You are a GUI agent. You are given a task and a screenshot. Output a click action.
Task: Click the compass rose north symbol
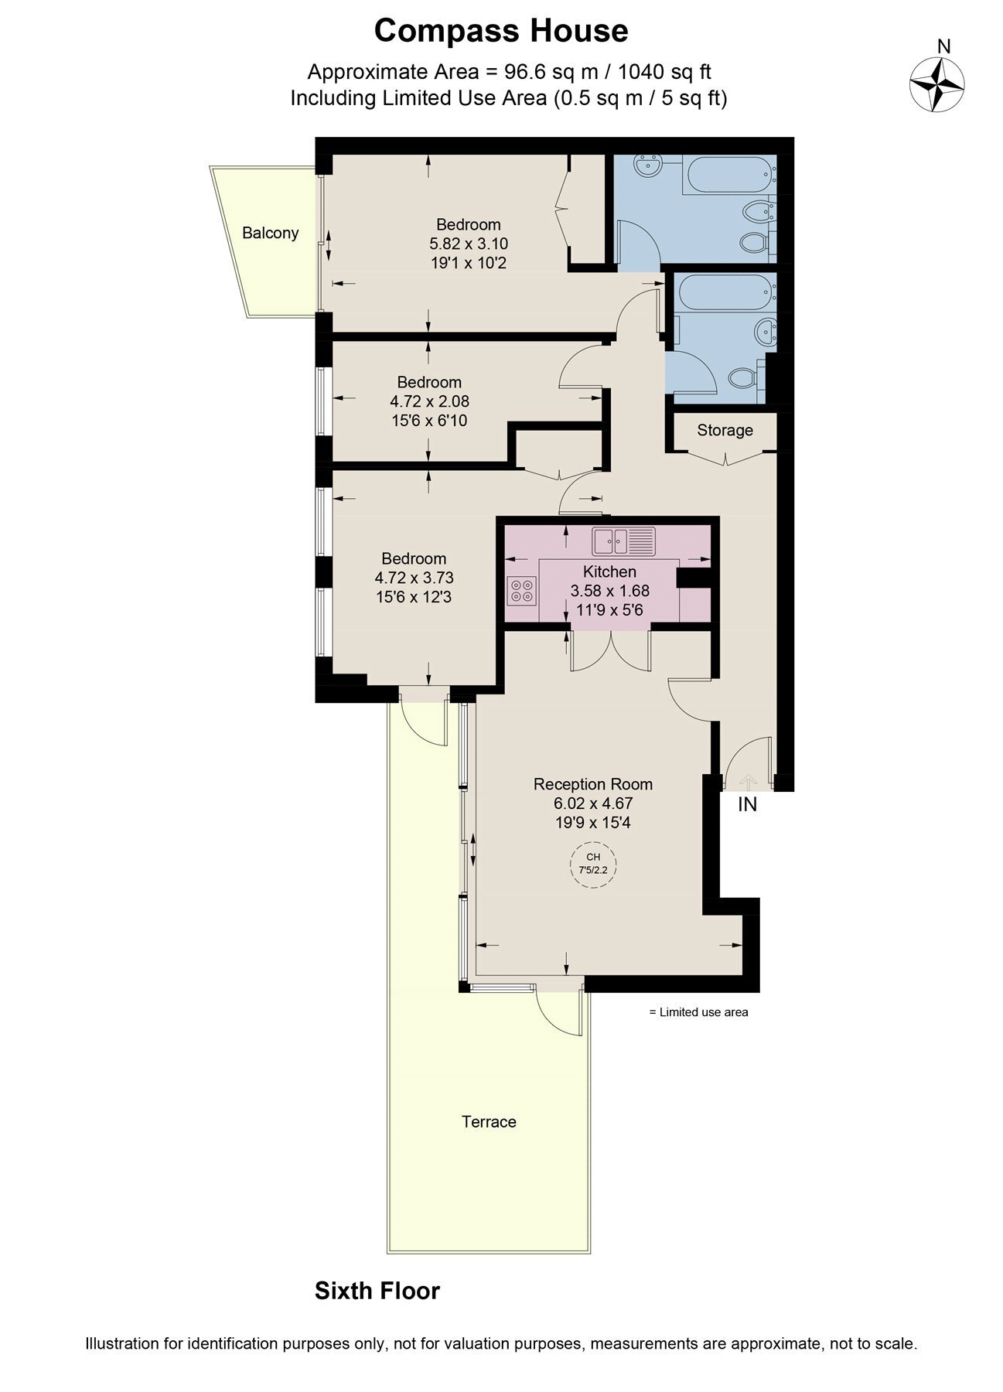[x=936, y=83]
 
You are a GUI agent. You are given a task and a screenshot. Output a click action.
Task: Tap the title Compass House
[x=501, y=32]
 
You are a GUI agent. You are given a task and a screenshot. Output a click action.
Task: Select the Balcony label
[x=270, y=233]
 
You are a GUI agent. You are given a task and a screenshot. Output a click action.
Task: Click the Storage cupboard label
[x=725, y=430]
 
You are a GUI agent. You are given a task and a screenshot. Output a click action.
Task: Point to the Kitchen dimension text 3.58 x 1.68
[x=609, y=591]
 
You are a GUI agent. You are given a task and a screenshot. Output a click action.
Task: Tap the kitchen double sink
[x=623, y=541]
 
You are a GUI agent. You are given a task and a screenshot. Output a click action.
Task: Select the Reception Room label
[x=593, y=784]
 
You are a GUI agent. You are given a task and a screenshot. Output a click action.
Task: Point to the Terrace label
[x=489, y=1122]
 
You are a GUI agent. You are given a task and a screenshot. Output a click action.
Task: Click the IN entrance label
[x=747, y=804]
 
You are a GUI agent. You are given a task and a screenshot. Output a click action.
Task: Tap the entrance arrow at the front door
[x=748, y=781]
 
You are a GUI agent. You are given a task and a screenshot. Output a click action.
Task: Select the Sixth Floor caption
[x=377, y=1291]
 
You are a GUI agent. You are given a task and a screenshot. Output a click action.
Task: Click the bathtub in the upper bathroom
[x=729, y=176]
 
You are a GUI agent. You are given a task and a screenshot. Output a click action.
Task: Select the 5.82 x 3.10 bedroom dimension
[x=469, y=244]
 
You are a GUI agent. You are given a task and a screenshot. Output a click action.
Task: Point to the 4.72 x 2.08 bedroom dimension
[x=430, y=402]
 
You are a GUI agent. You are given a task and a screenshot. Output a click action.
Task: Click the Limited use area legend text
[x=698, y=1012]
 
